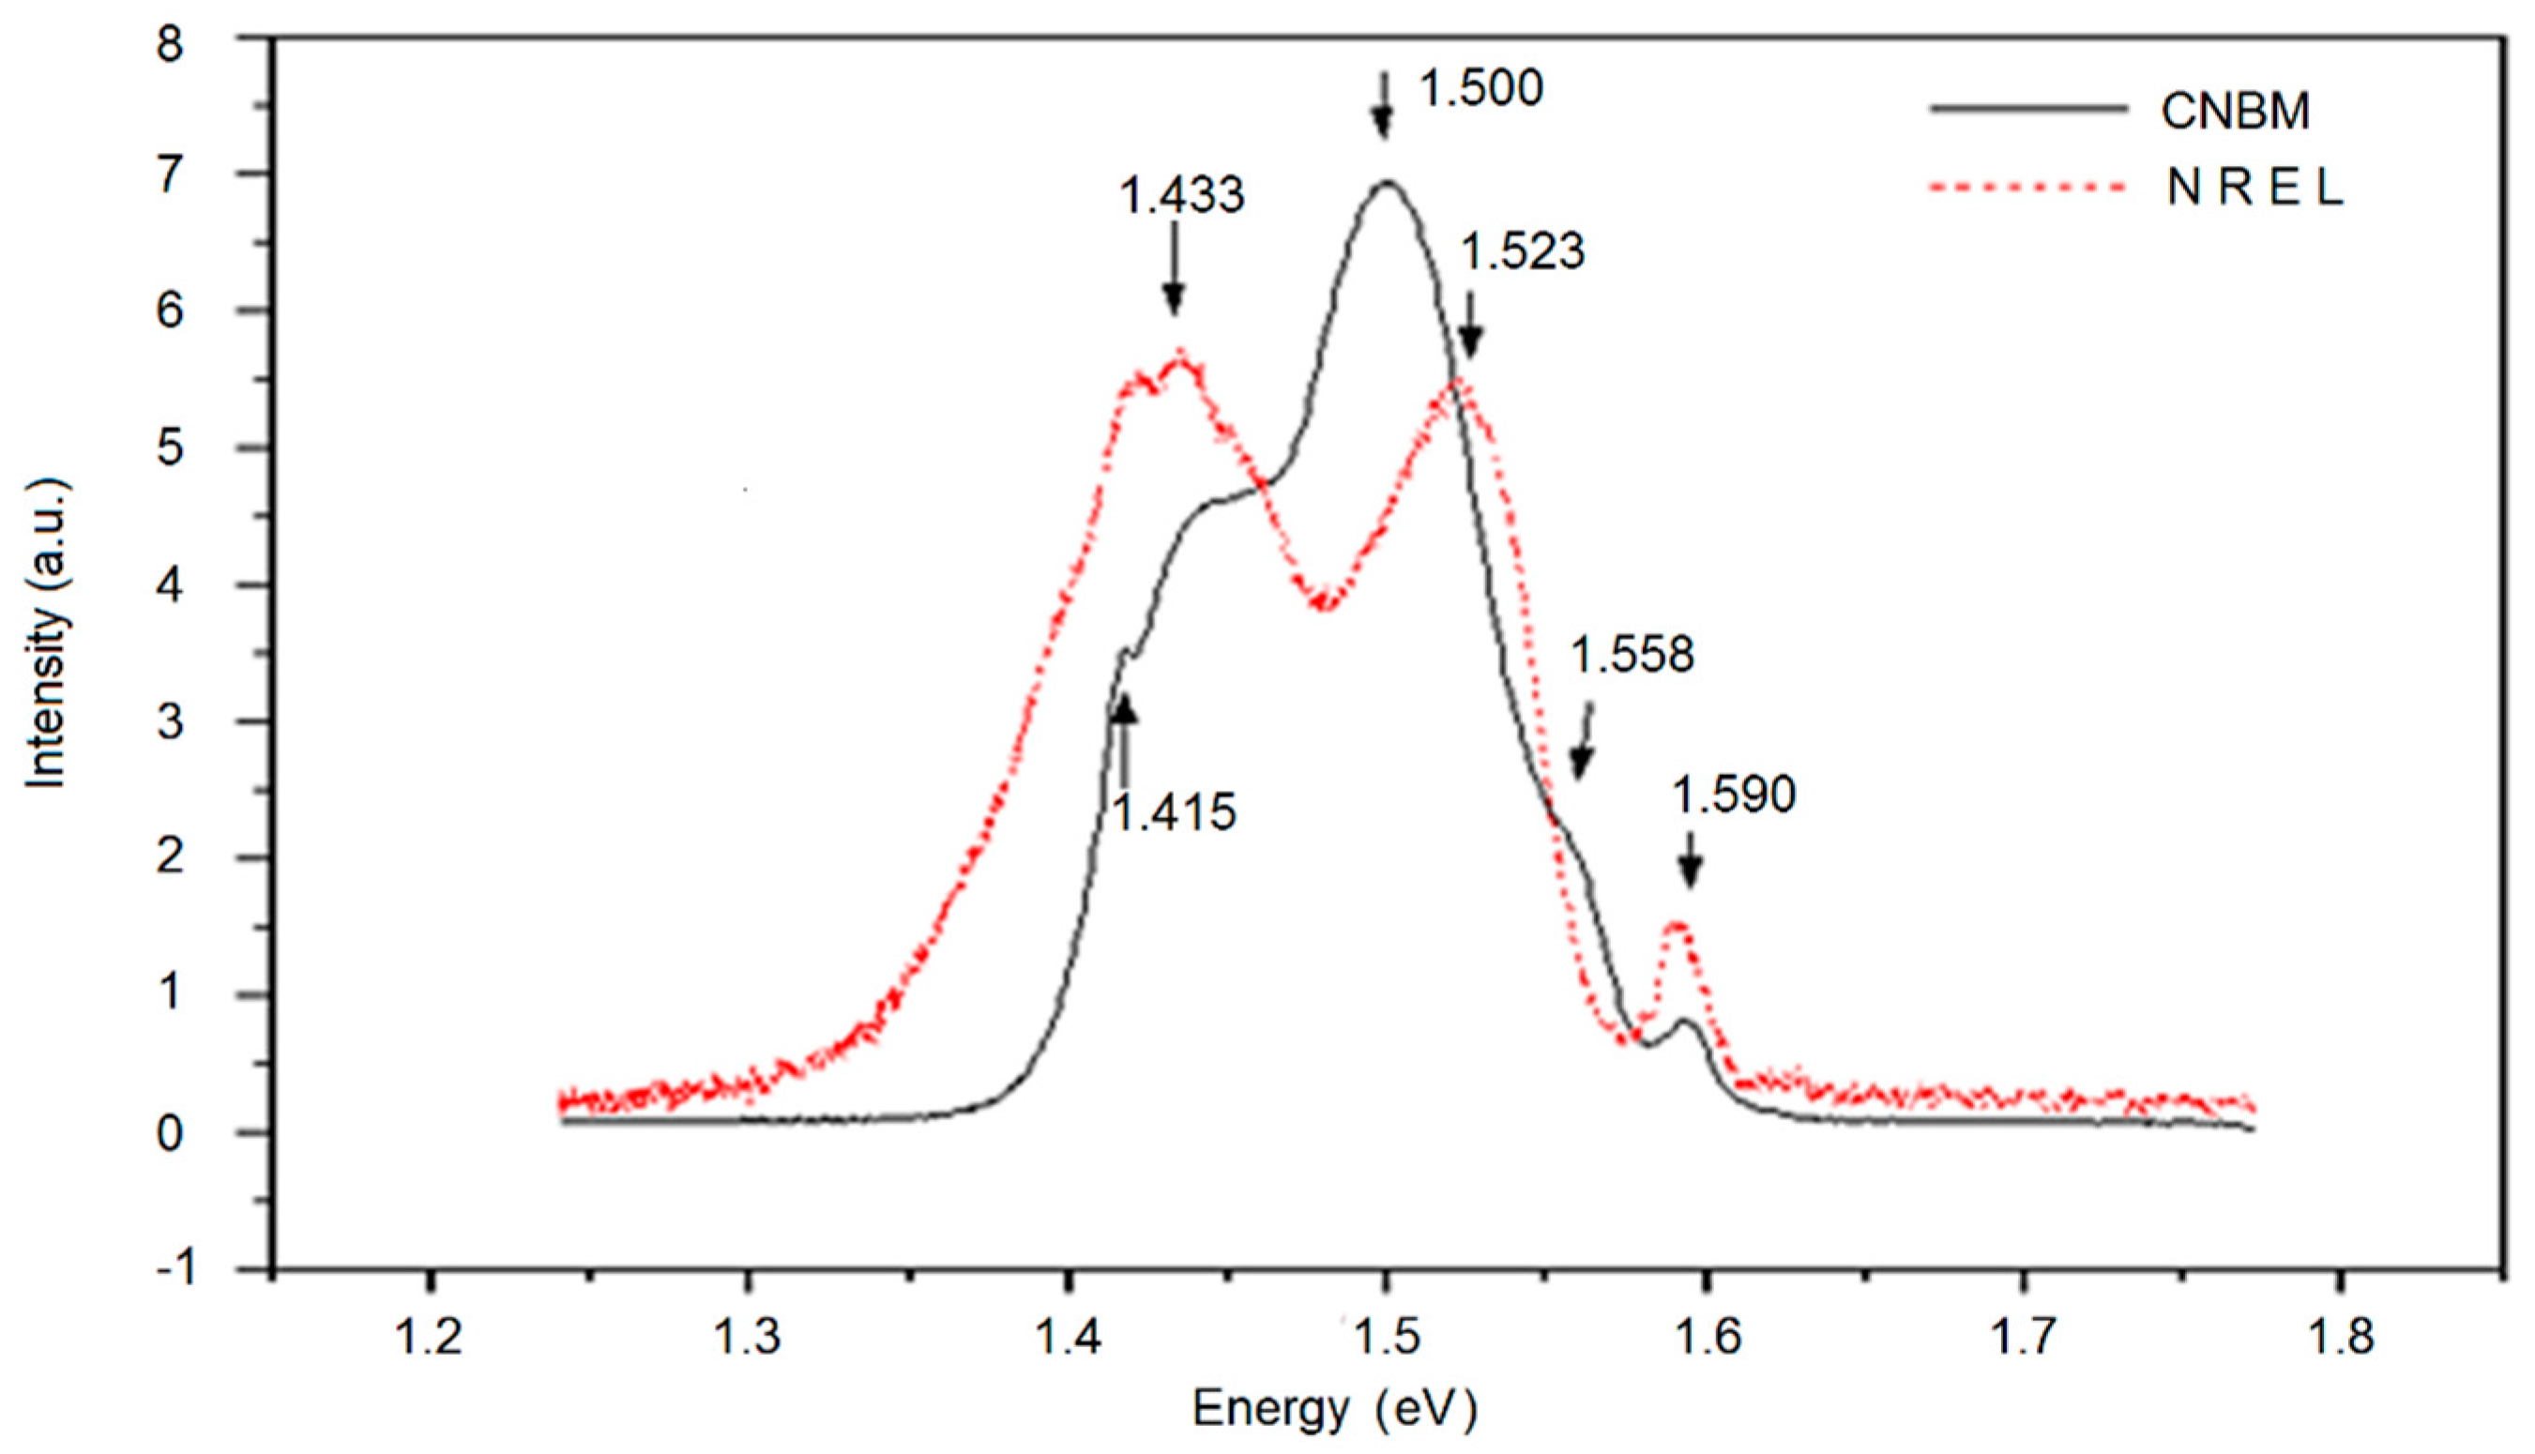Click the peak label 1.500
pos(1481,90)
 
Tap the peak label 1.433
pos(1182,196)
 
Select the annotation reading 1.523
pos(1523,251)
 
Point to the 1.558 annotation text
pos(1632,656)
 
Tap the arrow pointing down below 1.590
pos(1690,861)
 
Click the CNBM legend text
pos(2236,112)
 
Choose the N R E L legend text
pos(2254,189)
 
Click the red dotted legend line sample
pos(2026,189)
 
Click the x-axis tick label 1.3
pos(748,1340)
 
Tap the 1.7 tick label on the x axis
pos(2023,1340)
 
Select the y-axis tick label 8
pos(171,44)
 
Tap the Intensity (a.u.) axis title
pos(47,634)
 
